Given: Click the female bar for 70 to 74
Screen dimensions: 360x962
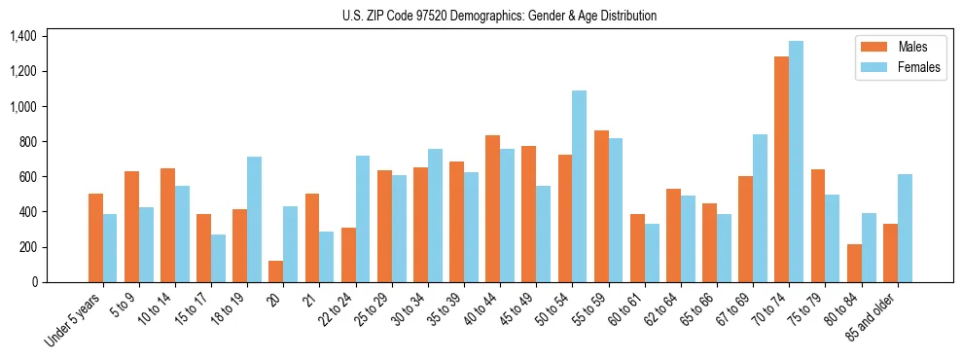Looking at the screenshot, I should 796,162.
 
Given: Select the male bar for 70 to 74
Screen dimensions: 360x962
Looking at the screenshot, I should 781,169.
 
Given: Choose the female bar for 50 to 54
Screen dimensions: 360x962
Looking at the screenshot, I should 579,186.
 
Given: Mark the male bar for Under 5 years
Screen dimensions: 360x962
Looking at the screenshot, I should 95,238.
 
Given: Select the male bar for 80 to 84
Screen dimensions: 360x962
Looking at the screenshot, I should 853,263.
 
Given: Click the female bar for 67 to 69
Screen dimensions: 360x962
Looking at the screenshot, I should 760,208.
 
